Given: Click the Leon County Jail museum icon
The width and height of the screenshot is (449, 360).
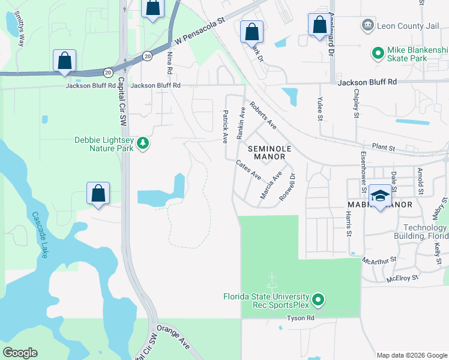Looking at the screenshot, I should point(367,25).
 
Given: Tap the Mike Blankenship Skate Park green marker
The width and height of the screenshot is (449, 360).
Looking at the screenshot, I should point(378,54).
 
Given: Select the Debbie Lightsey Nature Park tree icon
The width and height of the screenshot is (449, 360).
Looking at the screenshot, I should point(143,143).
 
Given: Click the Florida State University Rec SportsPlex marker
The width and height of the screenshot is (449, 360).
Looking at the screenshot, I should point(319,298).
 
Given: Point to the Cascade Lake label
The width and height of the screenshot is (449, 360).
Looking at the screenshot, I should point(41,235).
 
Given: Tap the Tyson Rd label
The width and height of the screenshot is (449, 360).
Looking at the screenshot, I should point(301,318).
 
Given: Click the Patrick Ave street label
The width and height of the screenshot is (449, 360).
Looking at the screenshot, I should point(226,125).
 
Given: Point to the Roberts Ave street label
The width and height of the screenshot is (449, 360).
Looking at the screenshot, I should point(264,115).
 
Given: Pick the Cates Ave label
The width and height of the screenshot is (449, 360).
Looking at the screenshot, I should point(249,170).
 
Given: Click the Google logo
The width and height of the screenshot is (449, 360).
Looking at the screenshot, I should point(20,353).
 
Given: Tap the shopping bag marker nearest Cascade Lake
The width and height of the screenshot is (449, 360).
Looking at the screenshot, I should point(98,193).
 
